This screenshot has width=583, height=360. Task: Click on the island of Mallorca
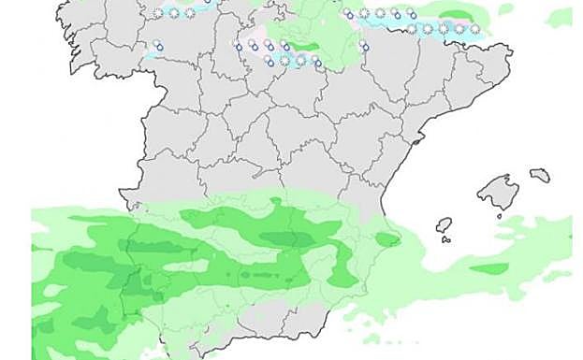[498, 191]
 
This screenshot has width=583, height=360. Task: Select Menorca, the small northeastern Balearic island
[540, 175]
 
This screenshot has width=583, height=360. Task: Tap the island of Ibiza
[445, 224]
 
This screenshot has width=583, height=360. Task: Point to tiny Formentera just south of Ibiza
[446, 239]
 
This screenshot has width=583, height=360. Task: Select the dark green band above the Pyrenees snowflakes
[455, 16]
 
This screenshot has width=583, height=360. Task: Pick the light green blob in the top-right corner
[560, 16]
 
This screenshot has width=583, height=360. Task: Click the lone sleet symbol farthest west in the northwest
[159, 45]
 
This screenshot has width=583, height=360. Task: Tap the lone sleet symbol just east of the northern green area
[364, 46]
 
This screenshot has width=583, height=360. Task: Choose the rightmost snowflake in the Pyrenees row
[474, 29]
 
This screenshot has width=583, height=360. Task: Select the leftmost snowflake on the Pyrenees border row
[412, 29]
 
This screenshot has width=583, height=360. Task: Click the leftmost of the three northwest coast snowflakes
[159, 12]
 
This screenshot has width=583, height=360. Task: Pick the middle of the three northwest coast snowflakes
[174, 12]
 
